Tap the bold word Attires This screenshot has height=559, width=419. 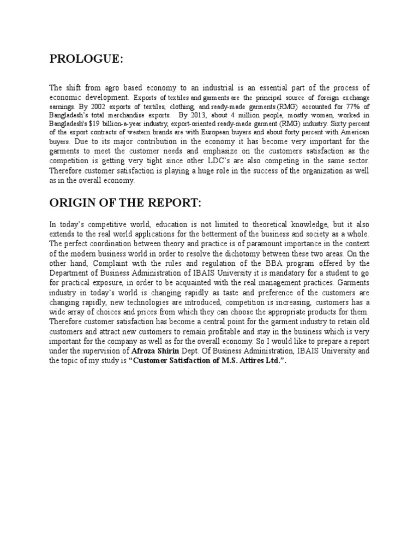(242, 360)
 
